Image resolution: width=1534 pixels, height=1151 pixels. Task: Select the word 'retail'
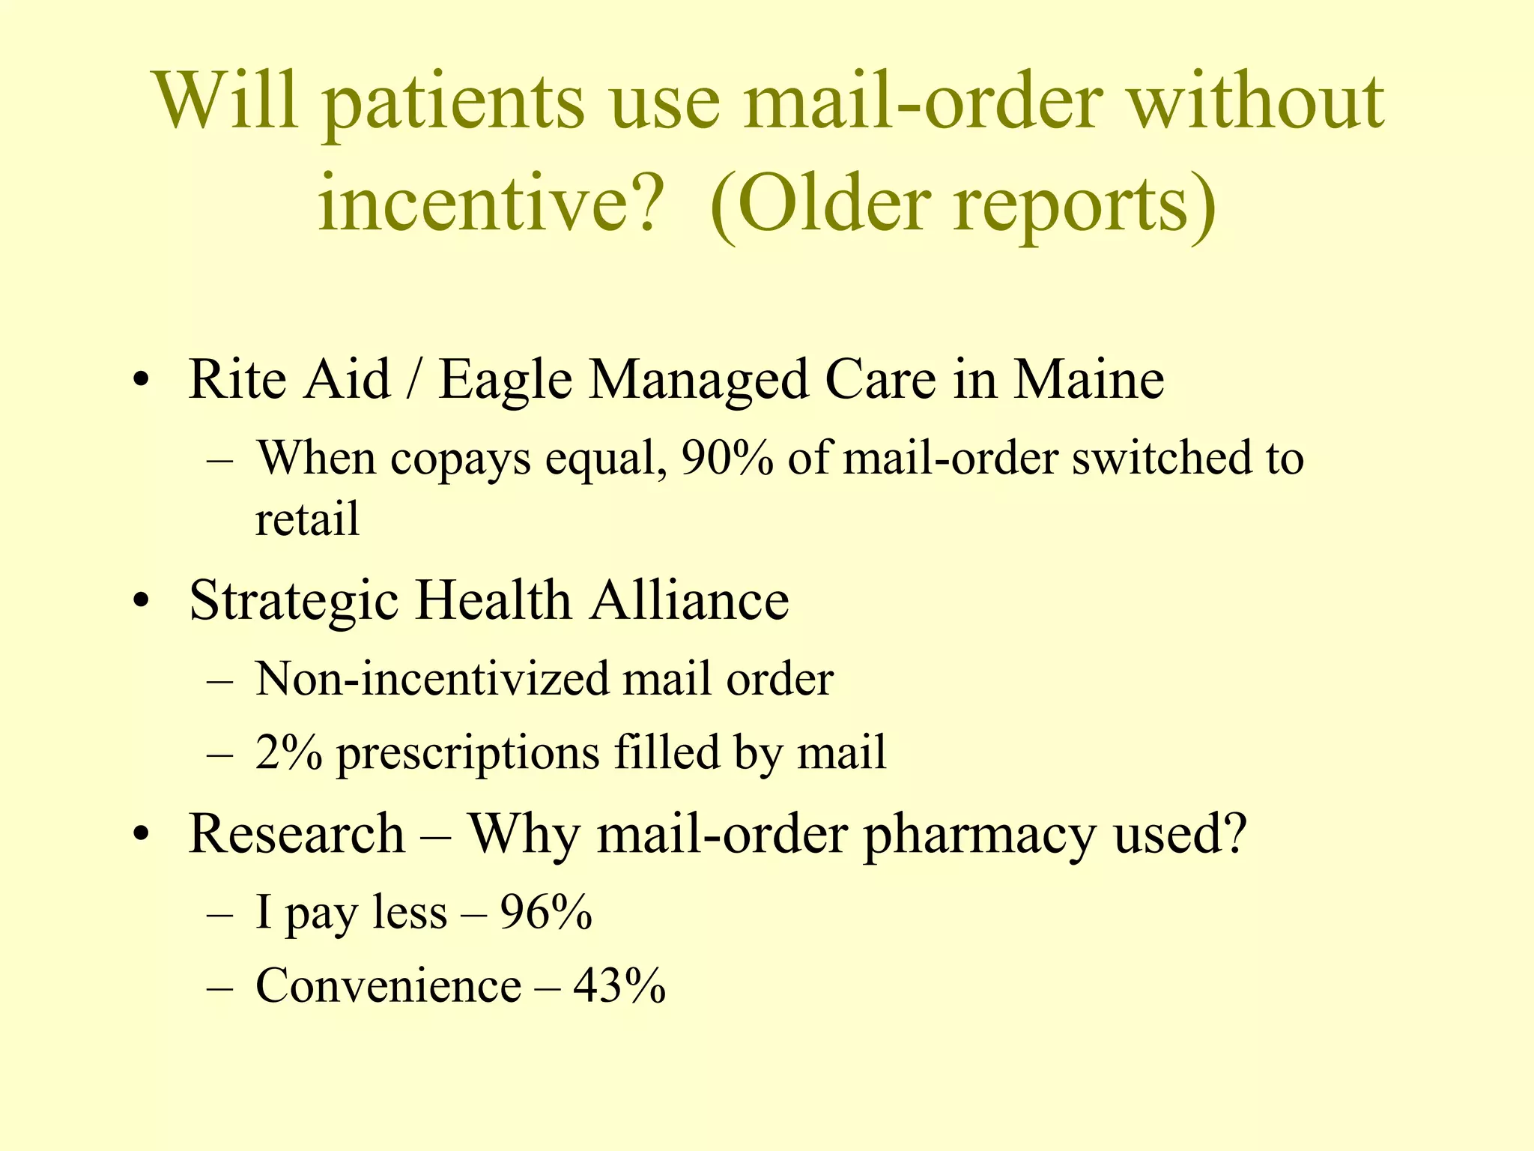[307, 518]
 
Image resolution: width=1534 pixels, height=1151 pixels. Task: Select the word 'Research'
[297, 833]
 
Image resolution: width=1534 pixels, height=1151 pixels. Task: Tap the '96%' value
[546, 913]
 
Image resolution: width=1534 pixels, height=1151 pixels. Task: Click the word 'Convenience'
[388, 985]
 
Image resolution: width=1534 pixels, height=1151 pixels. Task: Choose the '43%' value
[619, 985]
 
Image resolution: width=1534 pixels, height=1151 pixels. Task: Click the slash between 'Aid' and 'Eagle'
[413, 379]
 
